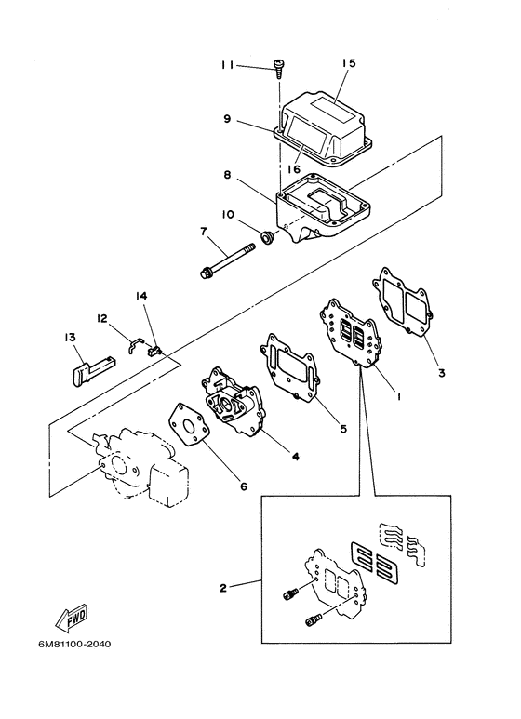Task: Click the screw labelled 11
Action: pos(278,68)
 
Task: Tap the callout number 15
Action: pos(349,63)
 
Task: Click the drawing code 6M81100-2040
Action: pos(74,645)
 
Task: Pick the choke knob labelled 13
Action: pos(93,368)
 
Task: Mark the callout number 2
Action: pos(223,588)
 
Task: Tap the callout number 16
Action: pos(294,169)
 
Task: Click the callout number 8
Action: pos(228,175)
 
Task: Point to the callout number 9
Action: pos(227,119)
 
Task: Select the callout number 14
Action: pos(141,296)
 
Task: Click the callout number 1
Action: pos(398,395)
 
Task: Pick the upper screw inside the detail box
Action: pos(289,594)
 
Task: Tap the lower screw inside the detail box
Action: pos(314,620)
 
